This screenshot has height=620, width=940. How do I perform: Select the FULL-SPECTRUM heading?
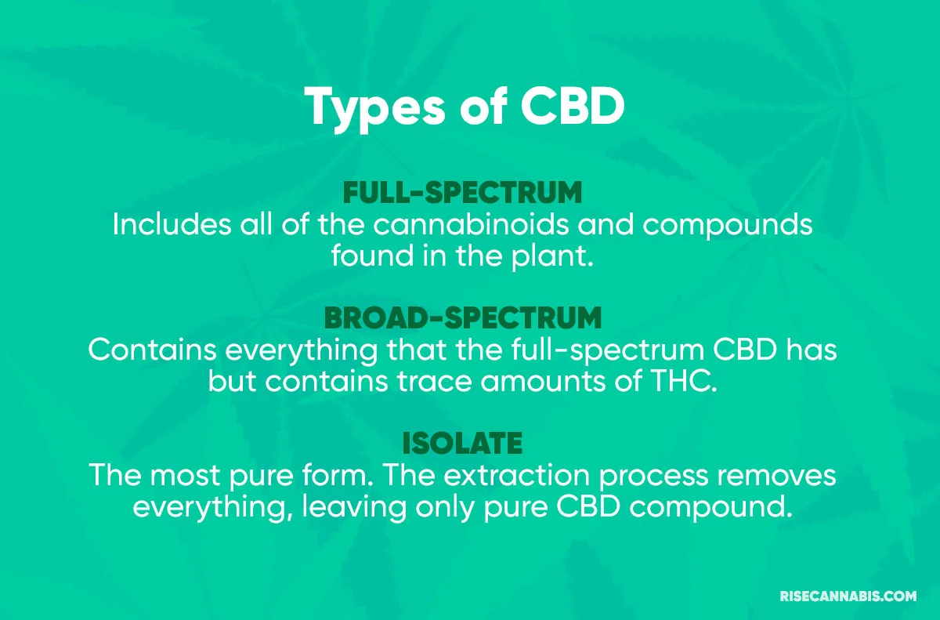(x=463, y=193)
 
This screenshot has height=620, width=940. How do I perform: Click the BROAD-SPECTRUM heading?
(x=463, y=318)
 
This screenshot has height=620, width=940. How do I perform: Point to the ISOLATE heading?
(x=462, y=444)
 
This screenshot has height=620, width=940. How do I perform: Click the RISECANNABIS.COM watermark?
(x=848, y=596)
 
